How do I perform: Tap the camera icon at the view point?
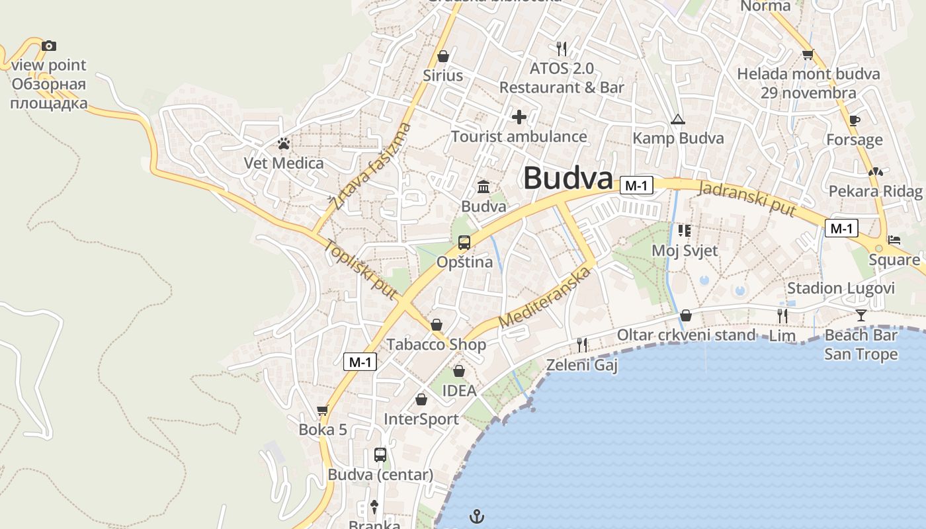tap(49, 46)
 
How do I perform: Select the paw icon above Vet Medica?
tap(284, 143)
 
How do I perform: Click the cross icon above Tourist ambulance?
tap(519, 117)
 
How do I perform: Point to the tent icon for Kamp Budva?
tap(677, 120)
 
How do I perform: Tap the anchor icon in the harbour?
tap(476, 515)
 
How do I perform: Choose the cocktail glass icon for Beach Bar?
tap(861, 315)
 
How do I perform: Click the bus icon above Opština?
tap(464, 242)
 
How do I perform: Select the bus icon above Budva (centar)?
tap(380, 455)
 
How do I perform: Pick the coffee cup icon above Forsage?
tap(855, 120)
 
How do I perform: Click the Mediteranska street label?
tap(544, 297)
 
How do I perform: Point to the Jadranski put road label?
tap(747, 198)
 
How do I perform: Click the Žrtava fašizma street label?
tap(372, 167)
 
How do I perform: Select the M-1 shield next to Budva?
tap(636, 186)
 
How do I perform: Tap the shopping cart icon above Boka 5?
tap(323, 410)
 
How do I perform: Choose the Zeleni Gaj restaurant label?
tap(581, 364)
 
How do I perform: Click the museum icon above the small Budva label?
tap(484, 186)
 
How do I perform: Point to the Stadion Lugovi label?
tap(841, 288)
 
